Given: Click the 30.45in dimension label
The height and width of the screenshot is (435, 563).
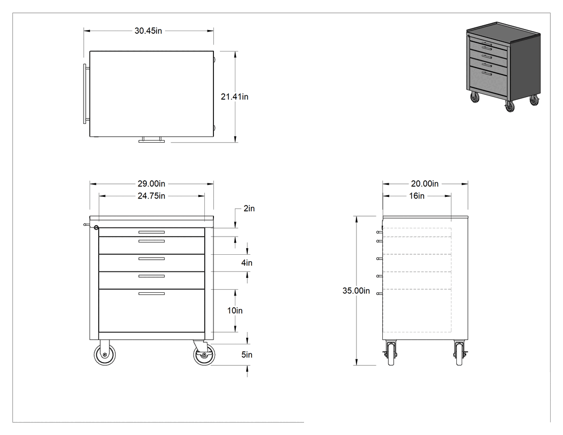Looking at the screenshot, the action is (149, 31).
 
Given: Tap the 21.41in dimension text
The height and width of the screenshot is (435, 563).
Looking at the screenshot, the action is (234, 97).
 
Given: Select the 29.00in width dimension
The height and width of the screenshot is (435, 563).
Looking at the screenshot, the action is (151, 184).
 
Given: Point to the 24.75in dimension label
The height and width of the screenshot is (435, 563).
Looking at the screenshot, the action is (151, 196).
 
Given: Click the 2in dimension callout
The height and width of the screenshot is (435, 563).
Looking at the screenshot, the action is (249, 209).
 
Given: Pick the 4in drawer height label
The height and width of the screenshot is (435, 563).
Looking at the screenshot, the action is (247, 263).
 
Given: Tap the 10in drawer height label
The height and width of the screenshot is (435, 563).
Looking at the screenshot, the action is (235, 311).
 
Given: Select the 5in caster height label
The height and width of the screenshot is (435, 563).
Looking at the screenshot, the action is (247, 355).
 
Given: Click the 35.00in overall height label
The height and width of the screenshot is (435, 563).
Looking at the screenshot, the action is (356, 291).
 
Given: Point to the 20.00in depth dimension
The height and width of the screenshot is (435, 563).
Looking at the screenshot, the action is (425, 184).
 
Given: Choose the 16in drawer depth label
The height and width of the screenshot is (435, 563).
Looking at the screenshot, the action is (417, 196).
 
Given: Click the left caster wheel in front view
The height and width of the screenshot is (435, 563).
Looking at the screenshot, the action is (105, 355).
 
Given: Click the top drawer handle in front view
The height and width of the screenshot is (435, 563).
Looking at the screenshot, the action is (152, 232).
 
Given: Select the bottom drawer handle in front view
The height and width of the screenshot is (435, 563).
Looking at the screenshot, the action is (152, 294).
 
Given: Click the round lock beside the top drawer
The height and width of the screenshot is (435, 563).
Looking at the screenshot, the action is (96, 227).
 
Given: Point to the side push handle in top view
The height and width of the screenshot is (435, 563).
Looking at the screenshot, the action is (85, 94).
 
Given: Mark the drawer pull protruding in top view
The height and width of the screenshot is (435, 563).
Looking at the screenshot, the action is (152, 140).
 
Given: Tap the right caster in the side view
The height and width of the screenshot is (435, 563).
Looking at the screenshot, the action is (459, 353).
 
